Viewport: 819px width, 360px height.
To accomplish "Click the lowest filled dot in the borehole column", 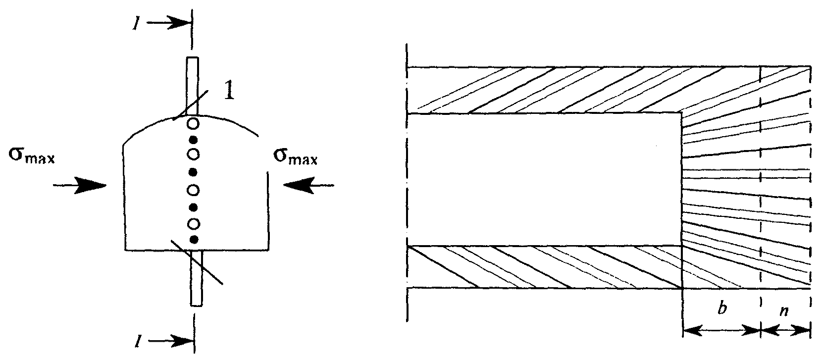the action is coord(194,240).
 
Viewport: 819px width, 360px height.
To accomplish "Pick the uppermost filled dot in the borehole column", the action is coord(194,139).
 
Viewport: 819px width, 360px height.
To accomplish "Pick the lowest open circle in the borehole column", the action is coord(194,224).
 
